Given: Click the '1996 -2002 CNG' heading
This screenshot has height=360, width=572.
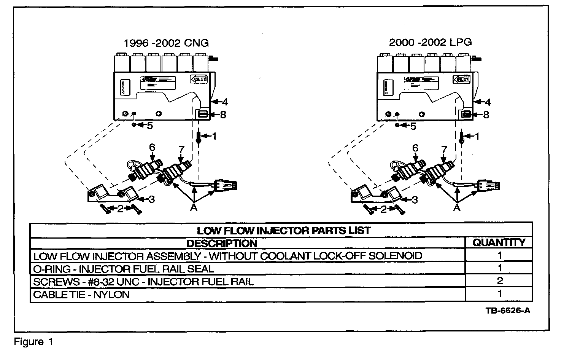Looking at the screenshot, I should (x=166, y=43).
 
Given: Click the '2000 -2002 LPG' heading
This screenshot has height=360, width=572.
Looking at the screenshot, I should (x=430, y=42).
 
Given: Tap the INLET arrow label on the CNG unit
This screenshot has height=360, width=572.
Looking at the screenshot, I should (x=199, y=79).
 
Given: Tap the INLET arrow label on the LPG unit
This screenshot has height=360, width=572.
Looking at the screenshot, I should (x=462, y=80).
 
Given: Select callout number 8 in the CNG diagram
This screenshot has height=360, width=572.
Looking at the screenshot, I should (x=223, y=114).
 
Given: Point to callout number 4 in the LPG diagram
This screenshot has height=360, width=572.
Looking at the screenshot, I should (x=488, y=102).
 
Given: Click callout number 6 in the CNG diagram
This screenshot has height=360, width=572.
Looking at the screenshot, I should (x=152, y=147).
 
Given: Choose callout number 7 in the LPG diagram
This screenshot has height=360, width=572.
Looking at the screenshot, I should (x=443, y=149).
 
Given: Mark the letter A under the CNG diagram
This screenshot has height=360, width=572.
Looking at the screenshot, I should (x=194, y=208).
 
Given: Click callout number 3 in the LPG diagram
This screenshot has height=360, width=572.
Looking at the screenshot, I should (x=415, y=199).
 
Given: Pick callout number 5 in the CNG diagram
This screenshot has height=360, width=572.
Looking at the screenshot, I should (x=150, y=126).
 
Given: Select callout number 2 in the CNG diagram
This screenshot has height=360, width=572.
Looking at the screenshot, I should (x=120, y=209).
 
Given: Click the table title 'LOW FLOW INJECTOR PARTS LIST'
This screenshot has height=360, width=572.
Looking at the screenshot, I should (x=283, y=231).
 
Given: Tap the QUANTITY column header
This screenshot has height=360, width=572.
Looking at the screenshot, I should (x=499, y=242).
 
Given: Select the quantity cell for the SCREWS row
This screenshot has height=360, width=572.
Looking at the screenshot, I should (x=500, y=281).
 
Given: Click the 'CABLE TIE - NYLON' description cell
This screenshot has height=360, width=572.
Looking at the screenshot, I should (x=81, y=295).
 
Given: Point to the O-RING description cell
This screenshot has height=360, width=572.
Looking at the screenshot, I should (x=124, y=269).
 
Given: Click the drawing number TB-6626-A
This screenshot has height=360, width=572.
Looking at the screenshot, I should (x=508, y=311).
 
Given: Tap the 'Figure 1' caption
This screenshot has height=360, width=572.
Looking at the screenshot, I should (x=34, y=342).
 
